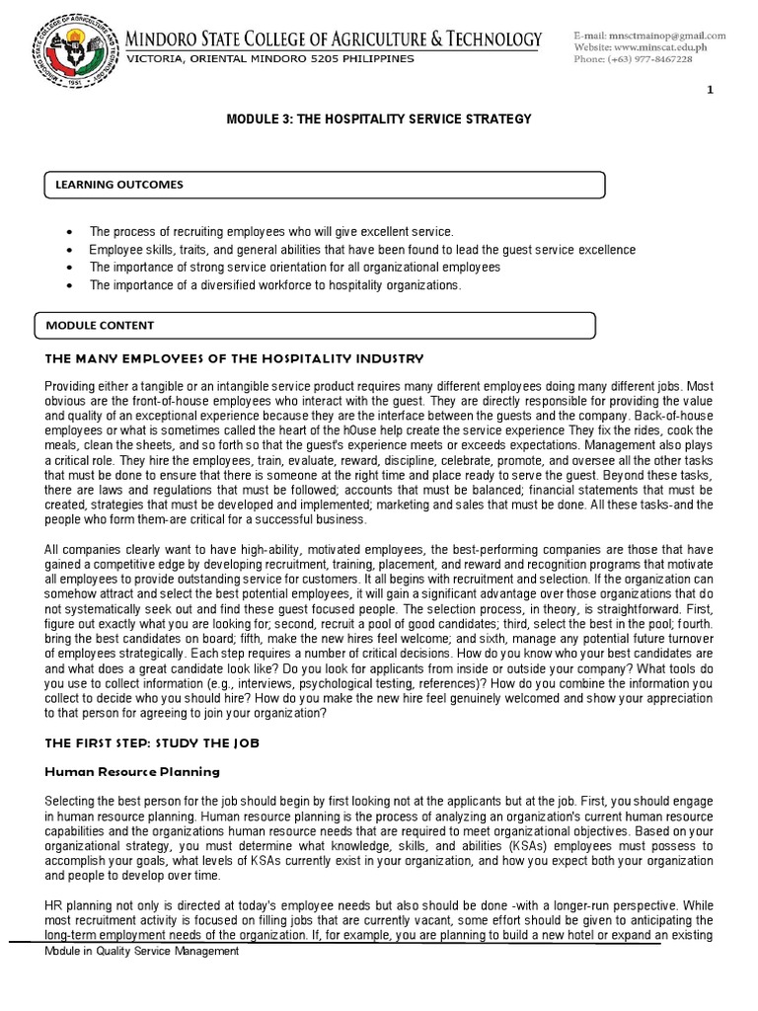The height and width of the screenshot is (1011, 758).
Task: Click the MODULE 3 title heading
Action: click(x=379, y=119)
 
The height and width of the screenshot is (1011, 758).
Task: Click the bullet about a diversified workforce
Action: click(x=274, y=285)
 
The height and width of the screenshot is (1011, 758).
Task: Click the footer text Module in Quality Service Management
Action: click(x=142, y=951)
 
